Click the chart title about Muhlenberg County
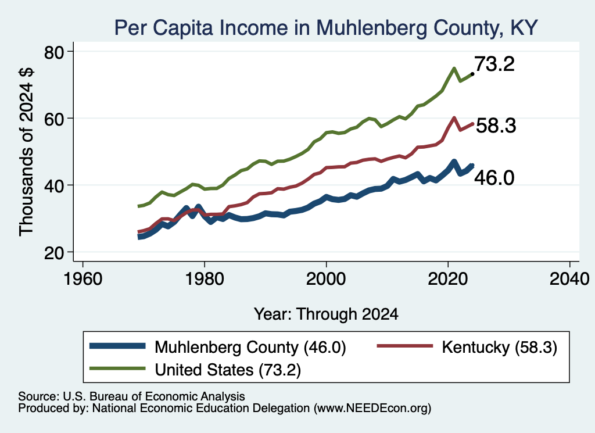pyautogui.click(x=326, y=28)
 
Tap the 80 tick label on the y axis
pyautogui.click(x=54, y=52)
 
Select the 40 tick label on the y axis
pyautogui.click(x=54, y=185)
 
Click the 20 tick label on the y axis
pyautogui.click(x=54, y=253)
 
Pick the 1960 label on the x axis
pyautogui.click(x=83, y=279)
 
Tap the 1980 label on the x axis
pyautogui.click(x=205, y=279)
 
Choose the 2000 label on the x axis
pyautogui.click(x=326, y=279)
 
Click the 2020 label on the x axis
pyautogui.click(x=448, y=279)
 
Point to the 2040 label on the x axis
pyautogui.click(x=569, y=279)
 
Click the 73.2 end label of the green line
pyautogui.click(x=494, y=64)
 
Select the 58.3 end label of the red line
pyautogui.click(x=496, y=125)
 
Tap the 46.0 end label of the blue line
pyautogui.click(x=494, y=178)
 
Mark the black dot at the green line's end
pyautogui.click(x=472, y=74)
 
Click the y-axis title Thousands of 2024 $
pyautogui.click(x=27, y=152)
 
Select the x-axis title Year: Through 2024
pyautogui.click(x=326, y=314)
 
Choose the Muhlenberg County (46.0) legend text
pyautogui.click(x=250, y=347)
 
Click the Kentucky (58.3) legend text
pyautogui.click(x=499, y=347)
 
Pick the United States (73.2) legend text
pyautogui.click(x=228, y=370)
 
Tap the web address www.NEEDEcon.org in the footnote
pyautogui.click(x=372, y=408)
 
